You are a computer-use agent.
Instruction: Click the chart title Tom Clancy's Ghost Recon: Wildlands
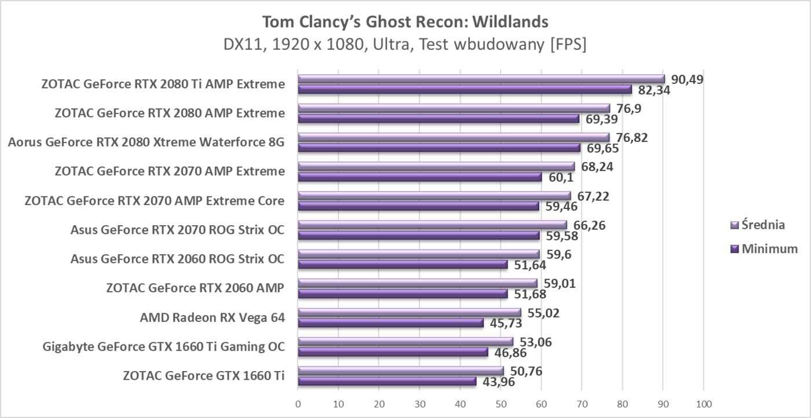coord(405,21)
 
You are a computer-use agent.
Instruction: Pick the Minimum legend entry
coord(765,249)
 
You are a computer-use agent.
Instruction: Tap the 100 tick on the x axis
coord(703,404)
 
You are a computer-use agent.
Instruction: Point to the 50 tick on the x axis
coord(501,404)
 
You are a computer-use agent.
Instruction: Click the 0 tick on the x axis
coord(298,404)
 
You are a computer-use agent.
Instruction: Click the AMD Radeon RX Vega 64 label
coord(212,317)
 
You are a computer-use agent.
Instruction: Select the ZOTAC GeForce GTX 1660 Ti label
coord(204,376)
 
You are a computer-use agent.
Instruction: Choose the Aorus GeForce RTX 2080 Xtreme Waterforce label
coord(146,142)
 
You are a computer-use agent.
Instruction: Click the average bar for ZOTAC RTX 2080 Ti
coord(481,79)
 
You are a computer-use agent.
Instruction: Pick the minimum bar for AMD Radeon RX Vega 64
coord(390,323)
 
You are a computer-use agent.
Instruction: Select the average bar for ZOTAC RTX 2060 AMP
coord(417,283)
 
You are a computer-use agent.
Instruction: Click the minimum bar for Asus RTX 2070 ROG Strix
coord(418,236)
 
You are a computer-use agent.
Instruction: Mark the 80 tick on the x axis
coord(622,404)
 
